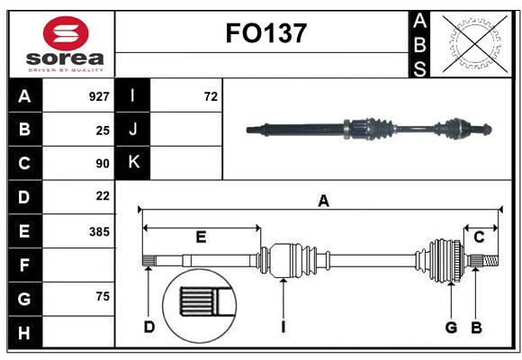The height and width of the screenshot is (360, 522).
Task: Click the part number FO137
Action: pyautogui.click(x=265, y=34)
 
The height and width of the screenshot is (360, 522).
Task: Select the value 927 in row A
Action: pyautogui.click(x=98, y=96)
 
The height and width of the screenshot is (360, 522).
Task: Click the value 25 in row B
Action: pyautogui.click(x=103, y=130)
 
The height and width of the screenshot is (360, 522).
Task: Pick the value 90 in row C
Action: pyautogui.click(x=103, y=164)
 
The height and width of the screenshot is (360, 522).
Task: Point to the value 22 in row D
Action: pyautogui.click(x=103, y=196)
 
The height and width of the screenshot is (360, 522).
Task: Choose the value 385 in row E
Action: pyautogui.click(x=98, y=231)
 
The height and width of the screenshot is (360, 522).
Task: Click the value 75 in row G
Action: pyautogui.click(x=103, y=297)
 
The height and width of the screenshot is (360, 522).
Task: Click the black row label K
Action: pyautogui.click(x=133, y=163)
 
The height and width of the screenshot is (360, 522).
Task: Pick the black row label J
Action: pyautogui.click(x=133, y=130)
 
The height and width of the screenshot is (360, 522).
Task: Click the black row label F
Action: pyautogui.click(x=24, y=265)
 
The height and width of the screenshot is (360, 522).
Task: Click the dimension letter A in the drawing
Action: pyautogui.click(x=322, y=202)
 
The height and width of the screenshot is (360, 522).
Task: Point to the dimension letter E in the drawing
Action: pyautogui.click(x=201, y=237)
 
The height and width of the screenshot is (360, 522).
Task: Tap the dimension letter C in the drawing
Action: pyautogui.click(x=479, y=237)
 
